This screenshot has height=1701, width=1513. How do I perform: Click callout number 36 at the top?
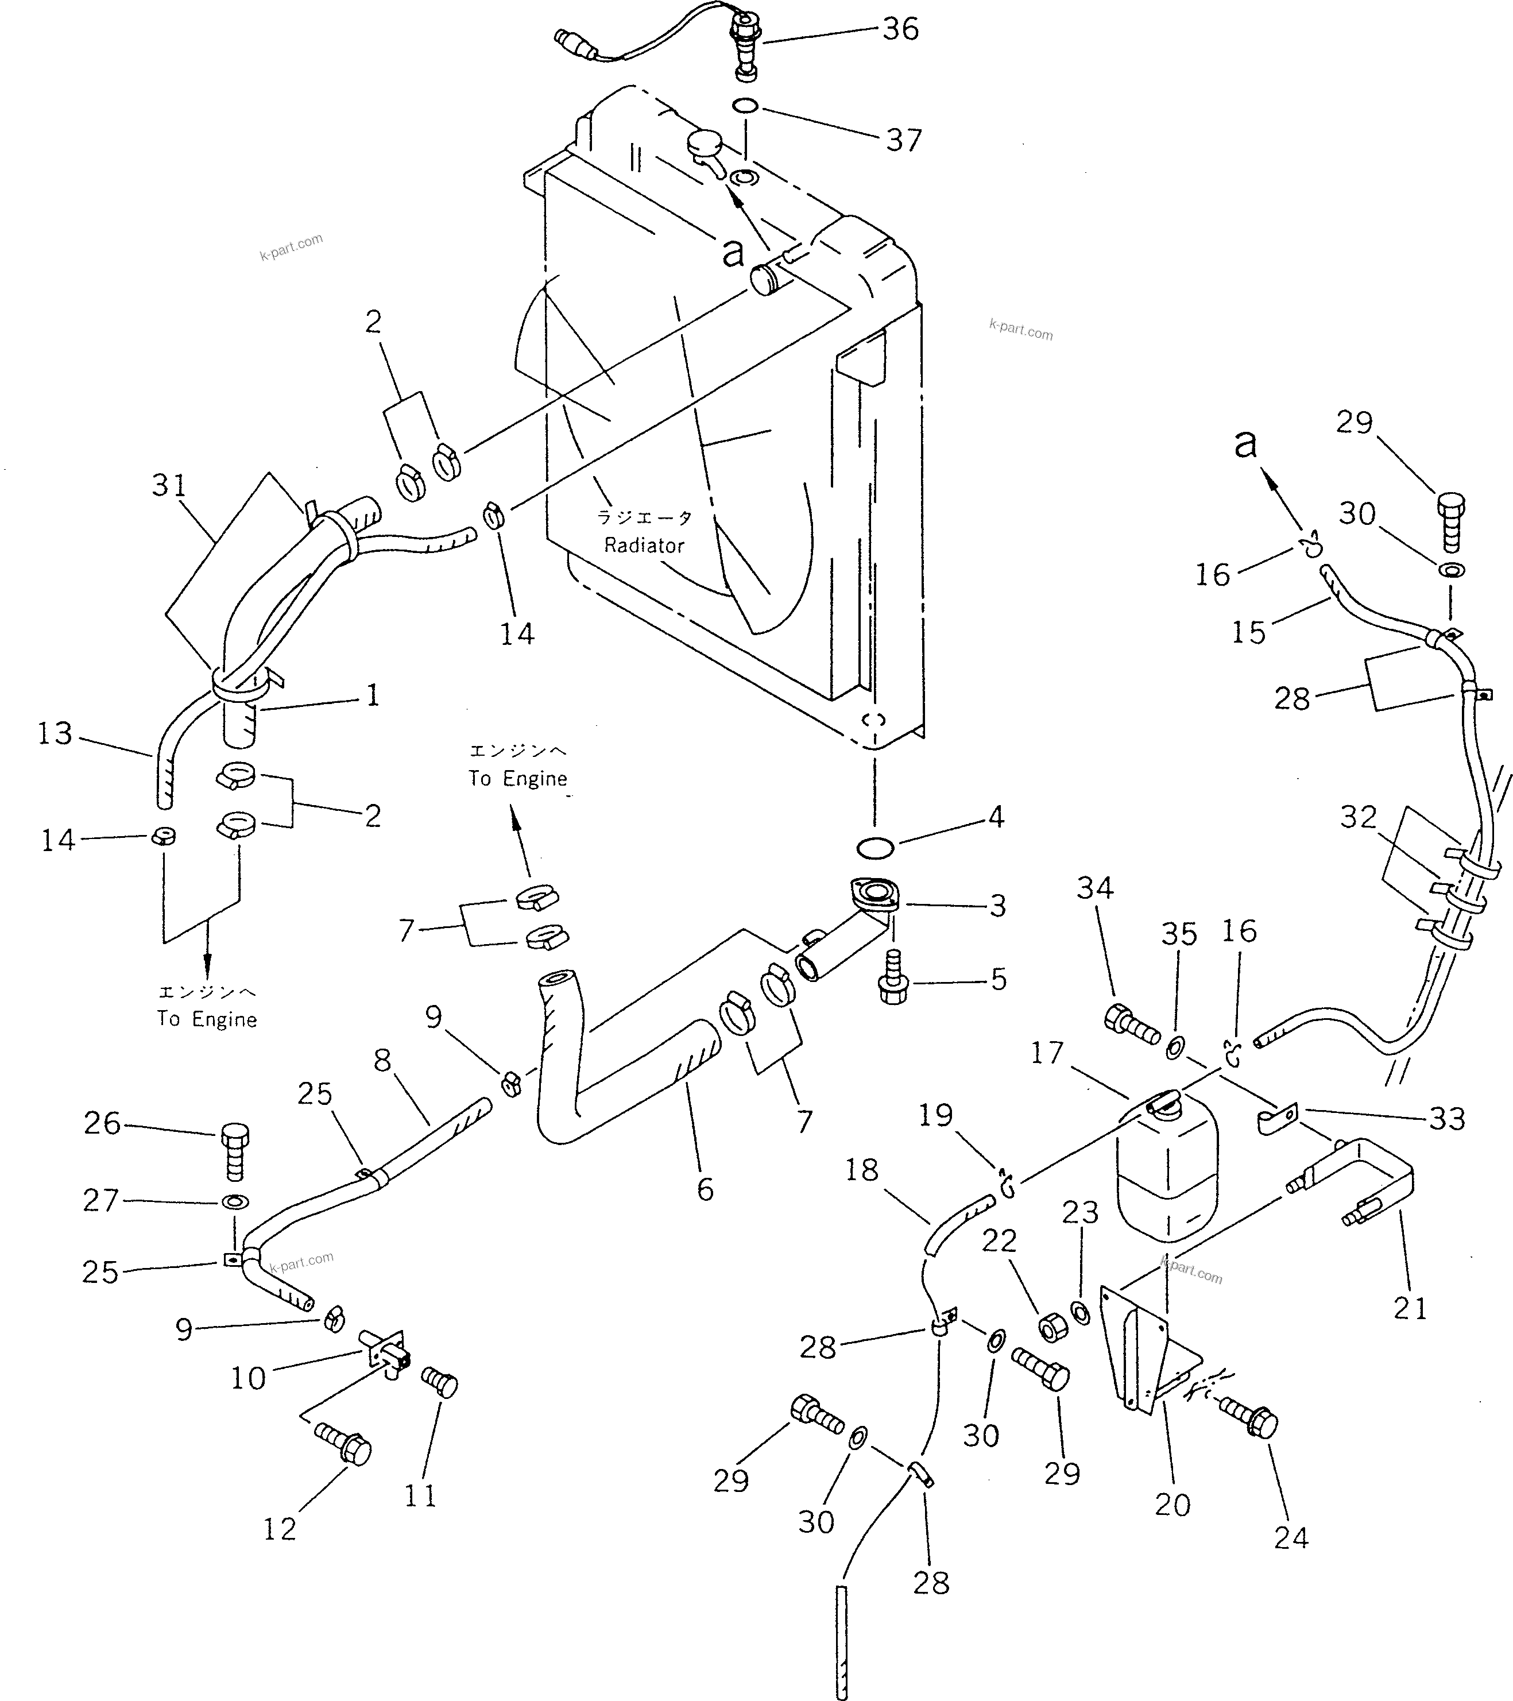point(900,29)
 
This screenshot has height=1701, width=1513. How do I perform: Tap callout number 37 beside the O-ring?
point(904,140)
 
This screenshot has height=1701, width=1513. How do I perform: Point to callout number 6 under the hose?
point(705,1190)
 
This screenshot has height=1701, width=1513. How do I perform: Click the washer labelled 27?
point(235,1202)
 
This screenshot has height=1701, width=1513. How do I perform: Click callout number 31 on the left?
point(170,485)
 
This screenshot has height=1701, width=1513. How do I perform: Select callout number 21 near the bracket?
point(1410,1308)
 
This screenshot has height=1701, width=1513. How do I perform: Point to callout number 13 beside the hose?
point(55,734)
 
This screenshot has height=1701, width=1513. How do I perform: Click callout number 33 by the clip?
point(1446,1119)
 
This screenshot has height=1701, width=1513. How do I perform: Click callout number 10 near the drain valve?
point(248,1379)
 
